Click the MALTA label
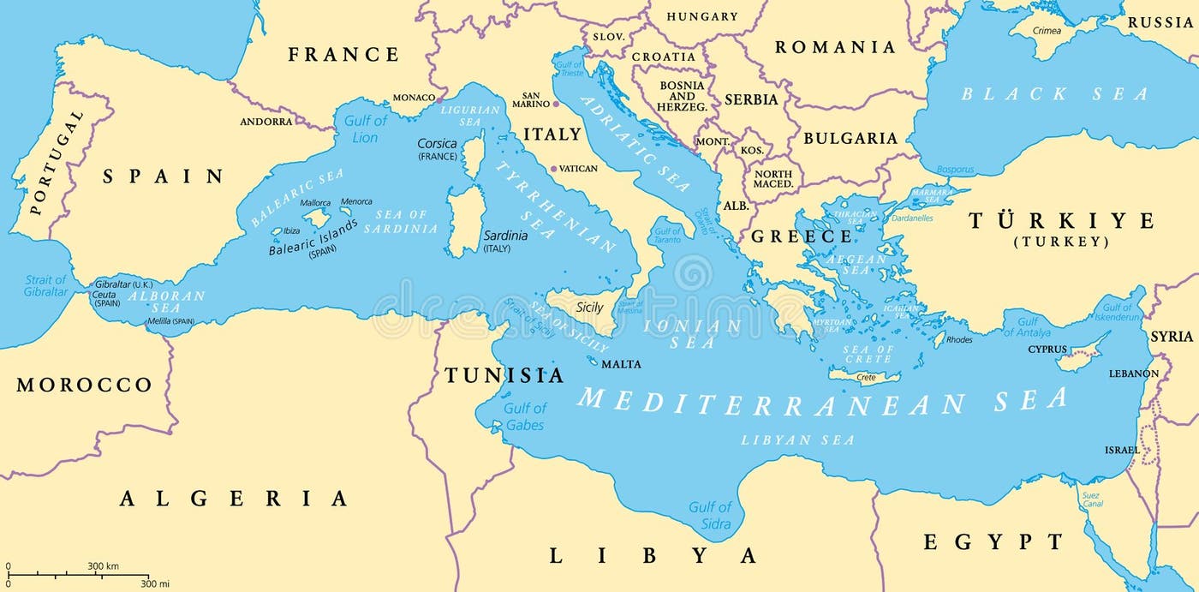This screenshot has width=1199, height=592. (621, 364)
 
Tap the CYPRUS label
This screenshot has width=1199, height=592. (1047, 350)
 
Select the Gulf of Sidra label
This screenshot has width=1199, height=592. (710, 516)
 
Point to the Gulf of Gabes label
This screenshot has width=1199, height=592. (524, 416)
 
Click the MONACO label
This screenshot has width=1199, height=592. (414, 98)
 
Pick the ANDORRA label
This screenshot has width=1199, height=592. (266, 122)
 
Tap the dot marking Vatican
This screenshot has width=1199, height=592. (553, 169)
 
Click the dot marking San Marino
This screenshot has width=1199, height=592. (555, 104)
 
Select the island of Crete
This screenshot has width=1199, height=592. (864, 376)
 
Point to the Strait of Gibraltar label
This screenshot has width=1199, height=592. (45, 286)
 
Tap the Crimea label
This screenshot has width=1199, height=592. (1047, 31)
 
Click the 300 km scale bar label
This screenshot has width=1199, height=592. (103, 566)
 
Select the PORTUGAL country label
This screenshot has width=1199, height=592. (57, 163)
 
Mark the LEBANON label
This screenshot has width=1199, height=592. (1133, 374)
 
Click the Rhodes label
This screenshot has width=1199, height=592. (958, 340)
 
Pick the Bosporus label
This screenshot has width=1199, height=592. (955, 170)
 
